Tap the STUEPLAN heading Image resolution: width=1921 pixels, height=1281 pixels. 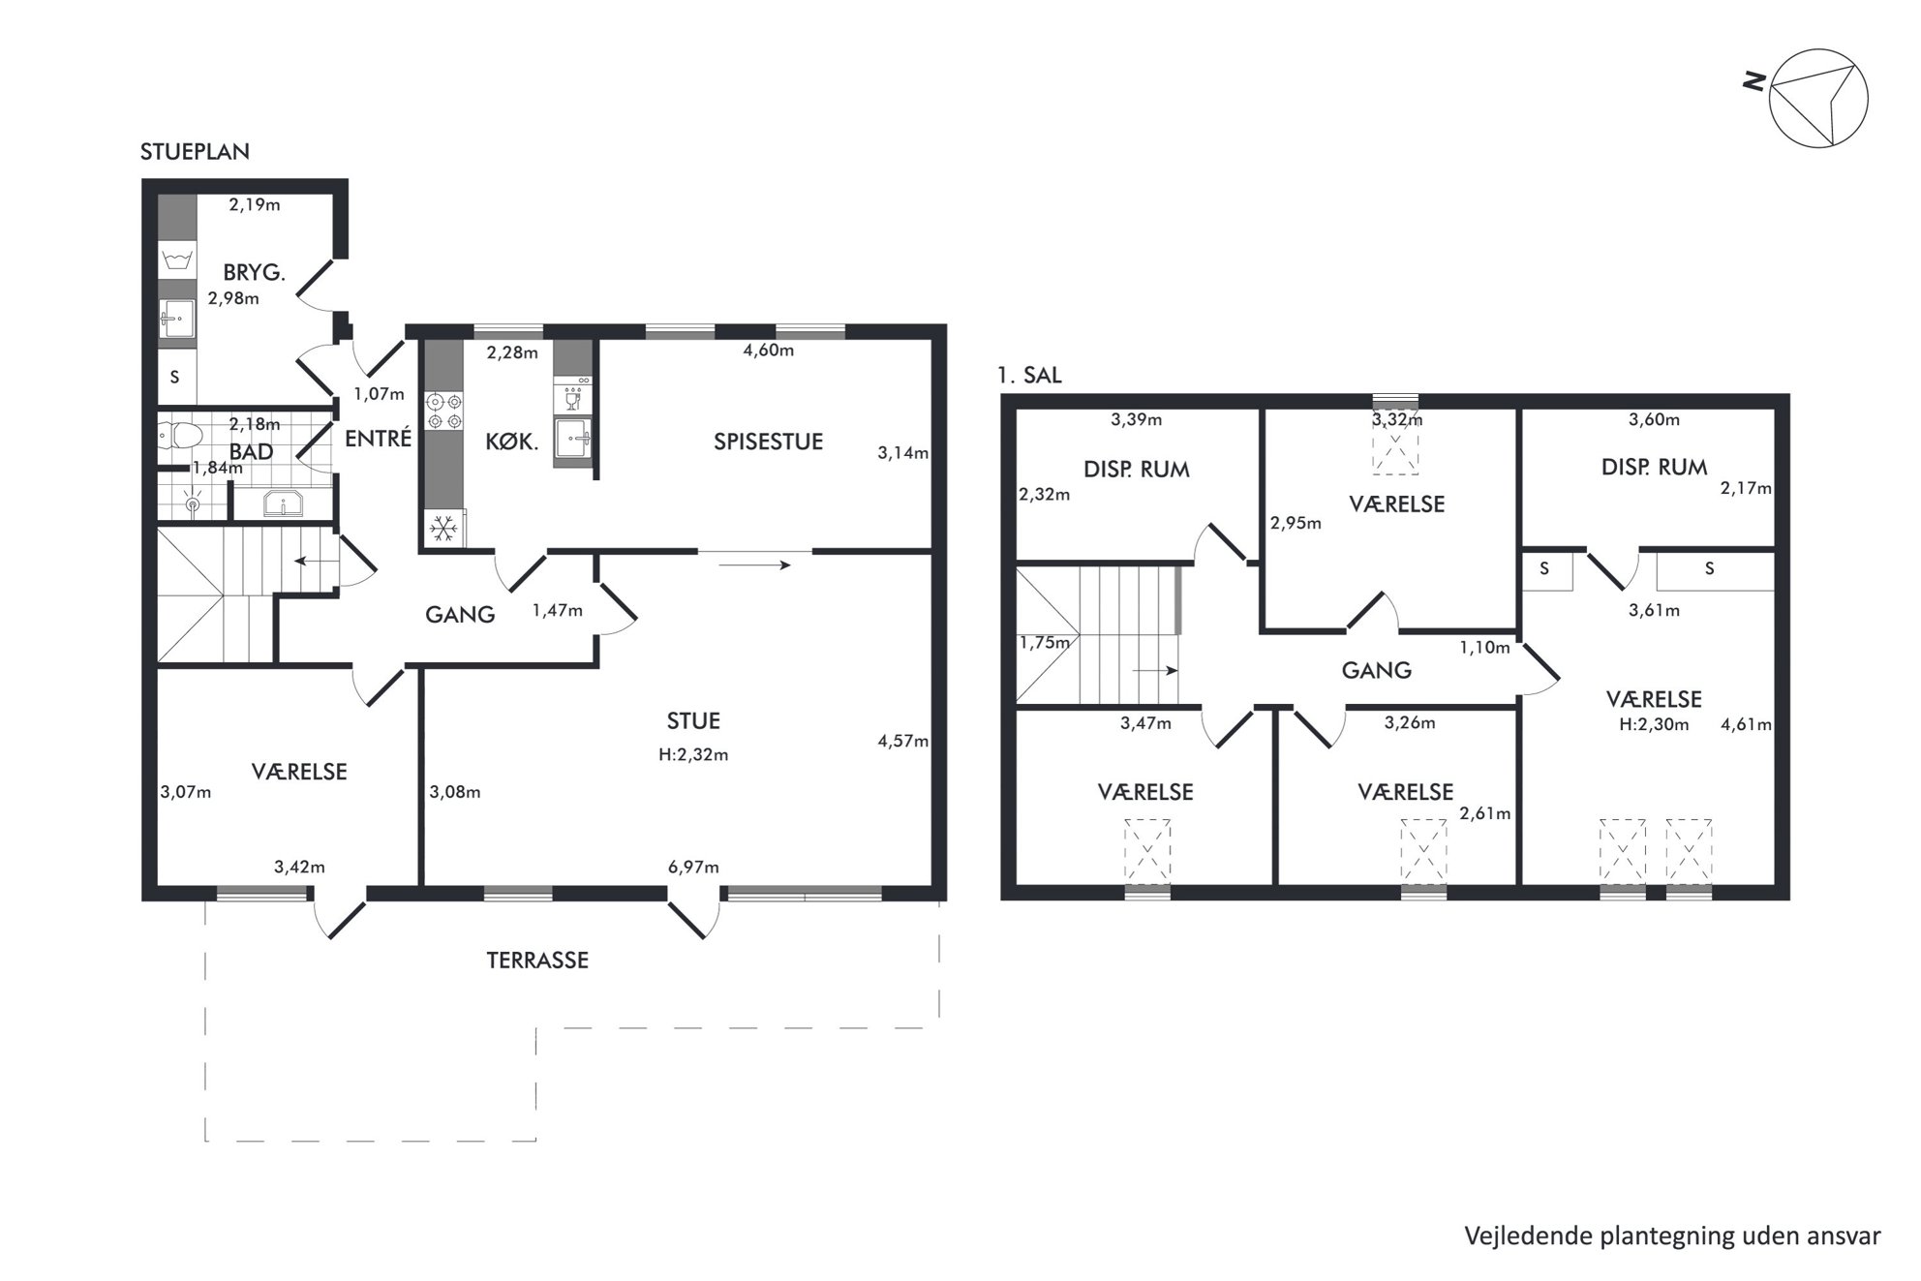pos(195,152)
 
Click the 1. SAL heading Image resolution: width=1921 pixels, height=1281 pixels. pos(1030,376)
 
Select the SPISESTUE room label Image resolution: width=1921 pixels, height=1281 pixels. pos(768,442)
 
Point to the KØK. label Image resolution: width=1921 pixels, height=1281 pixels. pos(511,442)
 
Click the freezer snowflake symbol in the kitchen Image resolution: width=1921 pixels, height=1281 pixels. pos(443,529)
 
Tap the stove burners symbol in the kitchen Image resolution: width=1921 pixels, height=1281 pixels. pos(444,411)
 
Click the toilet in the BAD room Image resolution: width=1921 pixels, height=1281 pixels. pos(179,437)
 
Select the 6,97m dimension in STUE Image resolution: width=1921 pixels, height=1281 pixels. pos(693,868)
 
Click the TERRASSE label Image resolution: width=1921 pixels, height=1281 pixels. pos(537,961)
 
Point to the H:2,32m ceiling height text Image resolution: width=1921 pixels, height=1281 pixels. pos(693,755)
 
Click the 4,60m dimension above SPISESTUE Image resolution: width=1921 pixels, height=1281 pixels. pos(768,351)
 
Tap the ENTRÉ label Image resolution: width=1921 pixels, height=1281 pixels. pos(379,439)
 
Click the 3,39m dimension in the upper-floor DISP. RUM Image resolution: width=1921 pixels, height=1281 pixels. pos(1137,420)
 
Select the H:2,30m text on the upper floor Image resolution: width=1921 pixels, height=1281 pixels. pos(1654,724)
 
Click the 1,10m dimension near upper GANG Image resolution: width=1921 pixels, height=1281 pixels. pos(1485,648)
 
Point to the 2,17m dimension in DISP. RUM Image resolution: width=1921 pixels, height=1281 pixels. pos(1746,489)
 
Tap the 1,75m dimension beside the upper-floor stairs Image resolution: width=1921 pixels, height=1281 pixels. pos(1045,643)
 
